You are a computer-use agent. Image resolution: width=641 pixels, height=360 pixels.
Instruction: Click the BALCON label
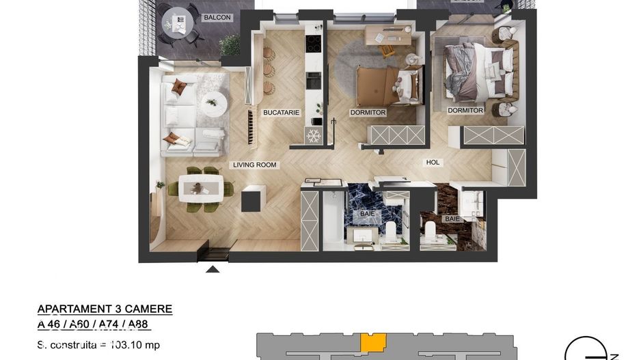pyautogui.click(x=218, y=17)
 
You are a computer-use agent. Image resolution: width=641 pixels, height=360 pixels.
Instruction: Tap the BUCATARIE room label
pyautogui.click(x=282, y=113)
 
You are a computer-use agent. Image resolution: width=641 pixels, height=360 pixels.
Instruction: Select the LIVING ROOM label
pyautogui.click(x=254, y=165)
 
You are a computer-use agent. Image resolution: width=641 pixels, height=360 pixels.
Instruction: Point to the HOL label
pyautogui.click(x=433, y=163)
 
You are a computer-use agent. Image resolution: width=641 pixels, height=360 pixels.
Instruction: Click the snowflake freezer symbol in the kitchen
pyautogui.click(x=314, y=135)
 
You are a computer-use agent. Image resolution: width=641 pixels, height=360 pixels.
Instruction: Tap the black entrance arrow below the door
pyautogui.click(x=213, y=268)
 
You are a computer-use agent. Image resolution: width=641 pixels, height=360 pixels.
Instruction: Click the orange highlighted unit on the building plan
pyautogui.click(x=372, y=342)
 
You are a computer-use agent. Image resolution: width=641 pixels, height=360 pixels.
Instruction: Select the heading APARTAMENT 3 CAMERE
pyautogui.click(x=105, y=309)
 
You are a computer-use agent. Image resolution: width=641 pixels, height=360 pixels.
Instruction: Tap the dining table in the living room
pyautogui.click(x=200, y=188)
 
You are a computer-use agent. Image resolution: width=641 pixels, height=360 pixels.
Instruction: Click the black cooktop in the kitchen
pyautogui.click(x=313, y=44)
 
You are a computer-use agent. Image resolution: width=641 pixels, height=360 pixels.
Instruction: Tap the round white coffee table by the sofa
pyautogui.click(x=214, y=103)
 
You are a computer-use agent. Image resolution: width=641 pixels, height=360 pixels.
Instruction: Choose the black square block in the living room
pyautogui.click(x=251, y=198)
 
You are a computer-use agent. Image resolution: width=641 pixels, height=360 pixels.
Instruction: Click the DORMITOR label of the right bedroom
pyautogui.click(x=465, y=111)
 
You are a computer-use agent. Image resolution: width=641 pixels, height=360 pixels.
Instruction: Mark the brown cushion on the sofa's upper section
pyautogui.click(x=179, y=87)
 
